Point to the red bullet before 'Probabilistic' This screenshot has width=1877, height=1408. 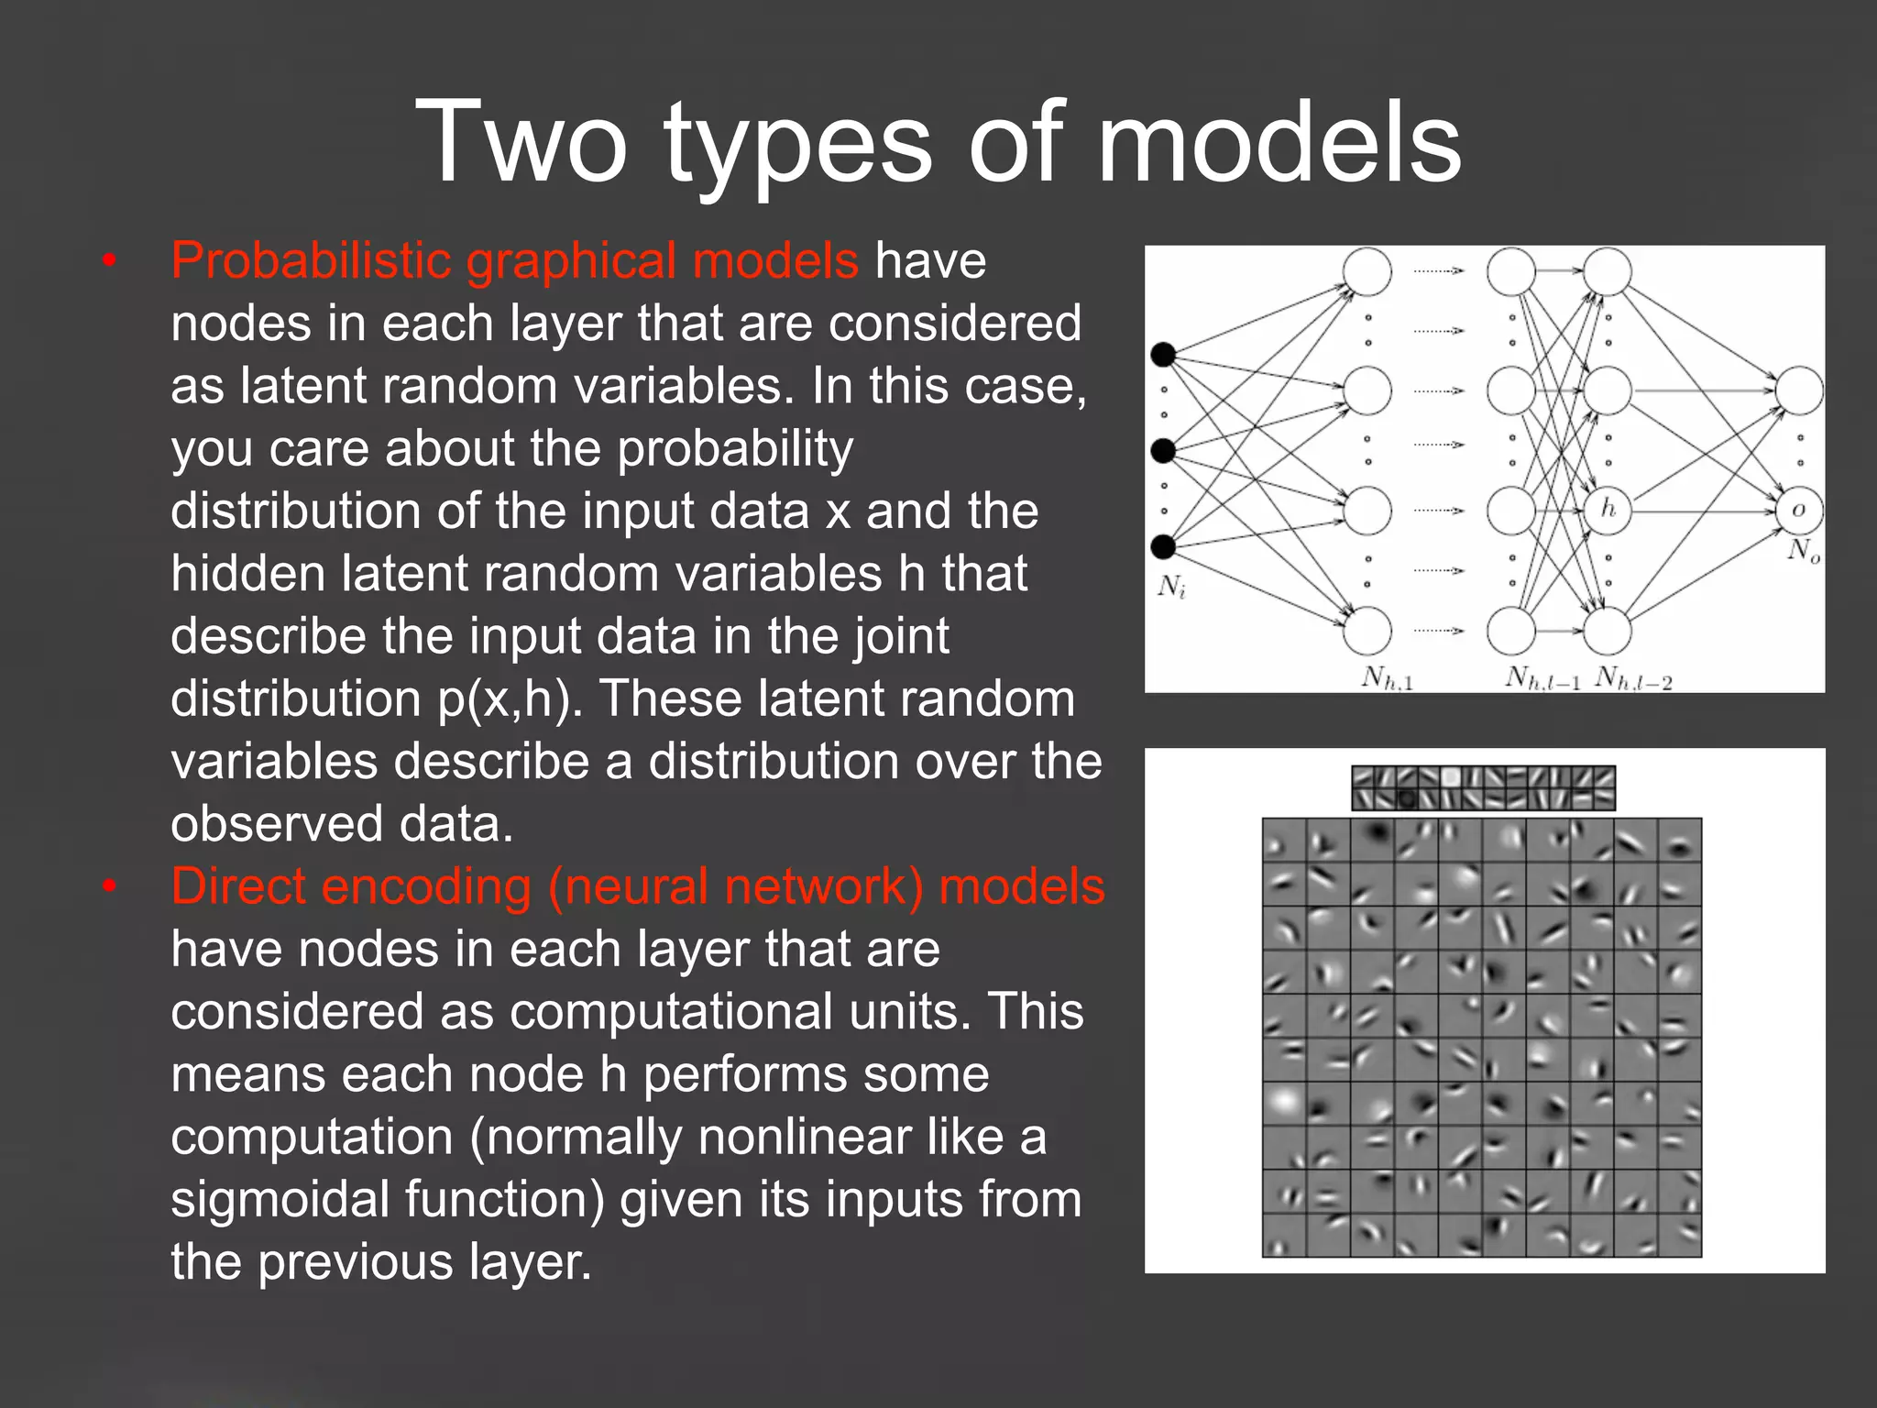point(110,262)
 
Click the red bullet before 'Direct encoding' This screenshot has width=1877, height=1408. point(110,887)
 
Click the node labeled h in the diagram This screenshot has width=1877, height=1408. point(1608,510)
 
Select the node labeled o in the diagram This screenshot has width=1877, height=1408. point(1798,510)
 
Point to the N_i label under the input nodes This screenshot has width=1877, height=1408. point(1171,586)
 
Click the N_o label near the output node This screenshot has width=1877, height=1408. point(1804,551)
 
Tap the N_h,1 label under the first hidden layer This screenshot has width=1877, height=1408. point(1387,678)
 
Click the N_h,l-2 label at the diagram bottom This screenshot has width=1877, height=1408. point(1633,679)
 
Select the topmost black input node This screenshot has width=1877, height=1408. point(1163,354)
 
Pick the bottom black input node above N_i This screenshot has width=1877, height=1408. point(1163,547)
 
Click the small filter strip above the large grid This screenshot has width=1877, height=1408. point(1483,788)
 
